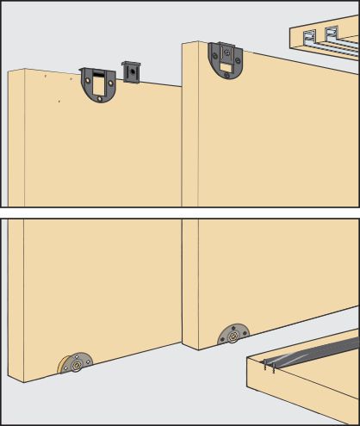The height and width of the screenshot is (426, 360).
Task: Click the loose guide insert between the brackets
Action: (131, 72)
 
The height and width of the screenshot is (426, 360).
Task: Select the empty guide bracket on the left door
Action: (97, 86)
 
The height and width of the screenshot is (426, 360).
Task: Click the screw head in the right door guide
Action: (226, 52)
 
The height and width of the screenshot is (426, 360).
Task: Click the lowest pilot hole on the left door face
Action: (59, 102)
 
